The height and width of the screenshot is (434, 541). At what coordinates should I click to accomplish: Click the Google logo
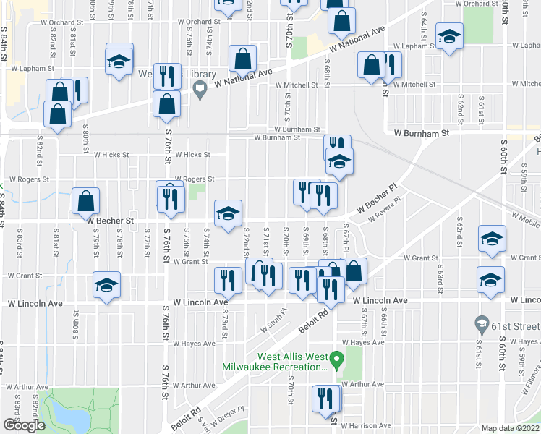point(24,425)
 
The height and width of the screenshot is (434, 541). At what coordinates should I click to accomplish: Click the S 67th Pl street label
point(346,240)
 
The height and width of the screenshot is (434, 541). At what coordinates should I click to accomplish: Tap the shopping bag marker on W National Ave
point(244,59)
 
